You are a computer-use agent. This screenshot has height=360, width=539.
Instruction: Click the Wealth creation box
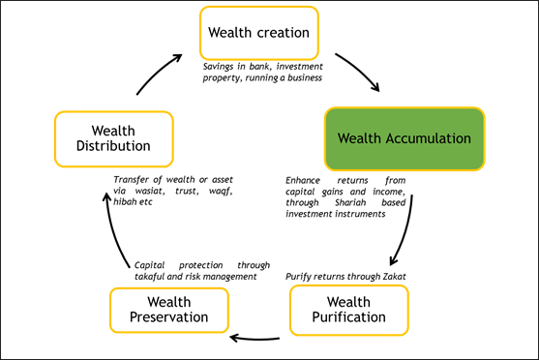click(x=258, y=33)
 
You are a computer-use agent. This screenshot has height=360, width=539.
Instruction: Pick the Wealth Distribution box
click(x=112, y=137)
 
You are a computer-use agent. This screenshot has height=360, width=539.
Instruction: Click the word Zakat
click(x=394, y=277)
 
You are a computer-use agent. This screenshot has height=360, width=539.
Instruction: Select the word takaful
click(x=150, y=276)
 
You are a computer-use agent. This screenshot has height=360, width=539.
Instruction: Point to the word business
click(x=300, y=76)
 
